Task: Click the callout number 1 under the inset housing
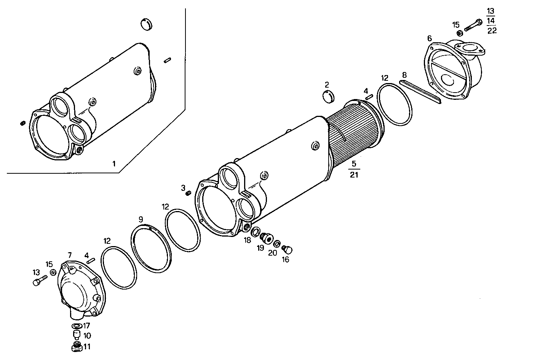tap(113, 164)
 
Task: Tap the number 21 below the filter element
tap(354, 175)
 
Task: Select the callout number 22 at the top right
tap(492, 31)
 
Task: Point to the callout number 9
tap(141, 219)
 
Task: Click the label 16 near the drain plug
tap(285, 260)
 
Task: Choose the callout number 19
tap(260, 248)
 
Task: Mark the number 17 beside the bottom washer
tap(86, 326)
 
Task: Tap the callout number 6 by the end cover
tap(430, 38)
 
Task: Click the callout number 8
tap(404, 75)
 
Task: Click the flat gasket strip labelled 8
tap(420, 92)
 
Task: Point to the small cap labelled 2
tap(329, 97)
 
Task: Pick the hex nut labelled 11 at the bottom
tap(77, 347)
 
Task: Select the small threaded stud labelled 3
tap(187, 194)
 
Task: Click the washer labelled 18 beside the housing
tap(256, 231)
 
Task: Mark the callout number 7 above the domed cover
tap(70, 255)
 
